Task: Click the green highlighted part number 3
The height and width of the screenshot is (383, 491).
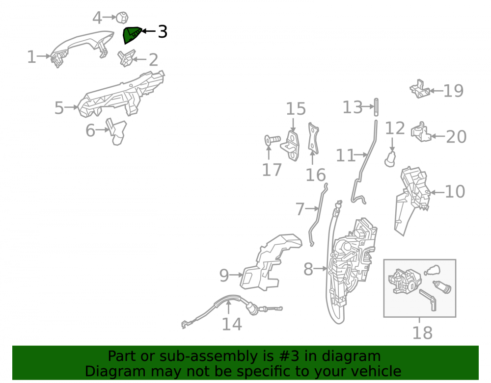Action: pyautogui.click(x=131, y=34)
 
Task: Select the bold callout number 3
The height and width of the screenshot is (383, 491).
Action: pyautogui.click(x=163, y=31)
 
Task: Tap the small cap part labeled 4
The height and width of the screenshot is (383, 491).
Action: pyautogui.click(x=122, y=18)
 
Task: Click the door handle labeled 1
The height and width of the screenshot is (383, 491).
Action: pyautogui.click(x=82, y=48)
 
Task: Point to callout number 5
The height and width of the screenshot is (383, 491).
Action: pyautogui.click(x=59, y=108)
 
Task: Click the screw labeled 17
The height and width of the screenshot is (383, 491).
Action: pyautogui.click(x=273, y=139)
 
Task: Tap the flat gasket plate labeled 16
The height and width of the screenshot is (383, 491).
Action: pyautogui.click(x=313, y=138)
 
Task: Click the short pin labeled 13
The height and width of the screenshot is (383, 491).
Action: pyautogui.click(x=376, y=107)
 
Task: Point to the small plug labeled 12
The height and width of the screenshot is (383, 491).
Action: pyautogui.click(x=390, y=159)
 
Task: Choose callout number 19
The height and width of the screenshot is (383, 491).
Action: pyautogui.click(x=453, y=91)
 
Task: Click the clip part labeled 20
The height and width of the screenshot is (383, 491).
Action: pyautogui.click(x=421, y=132)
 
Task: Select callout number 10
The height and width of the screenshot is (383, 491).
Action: pyautogui.click(x=455, y=191)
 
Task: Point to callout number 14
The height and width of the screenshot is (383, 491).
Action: pyautogui.click(x=232, y=324)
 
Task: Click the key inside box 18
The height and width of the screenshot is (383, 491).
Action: pyautogui.click(x=428, y=300)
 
